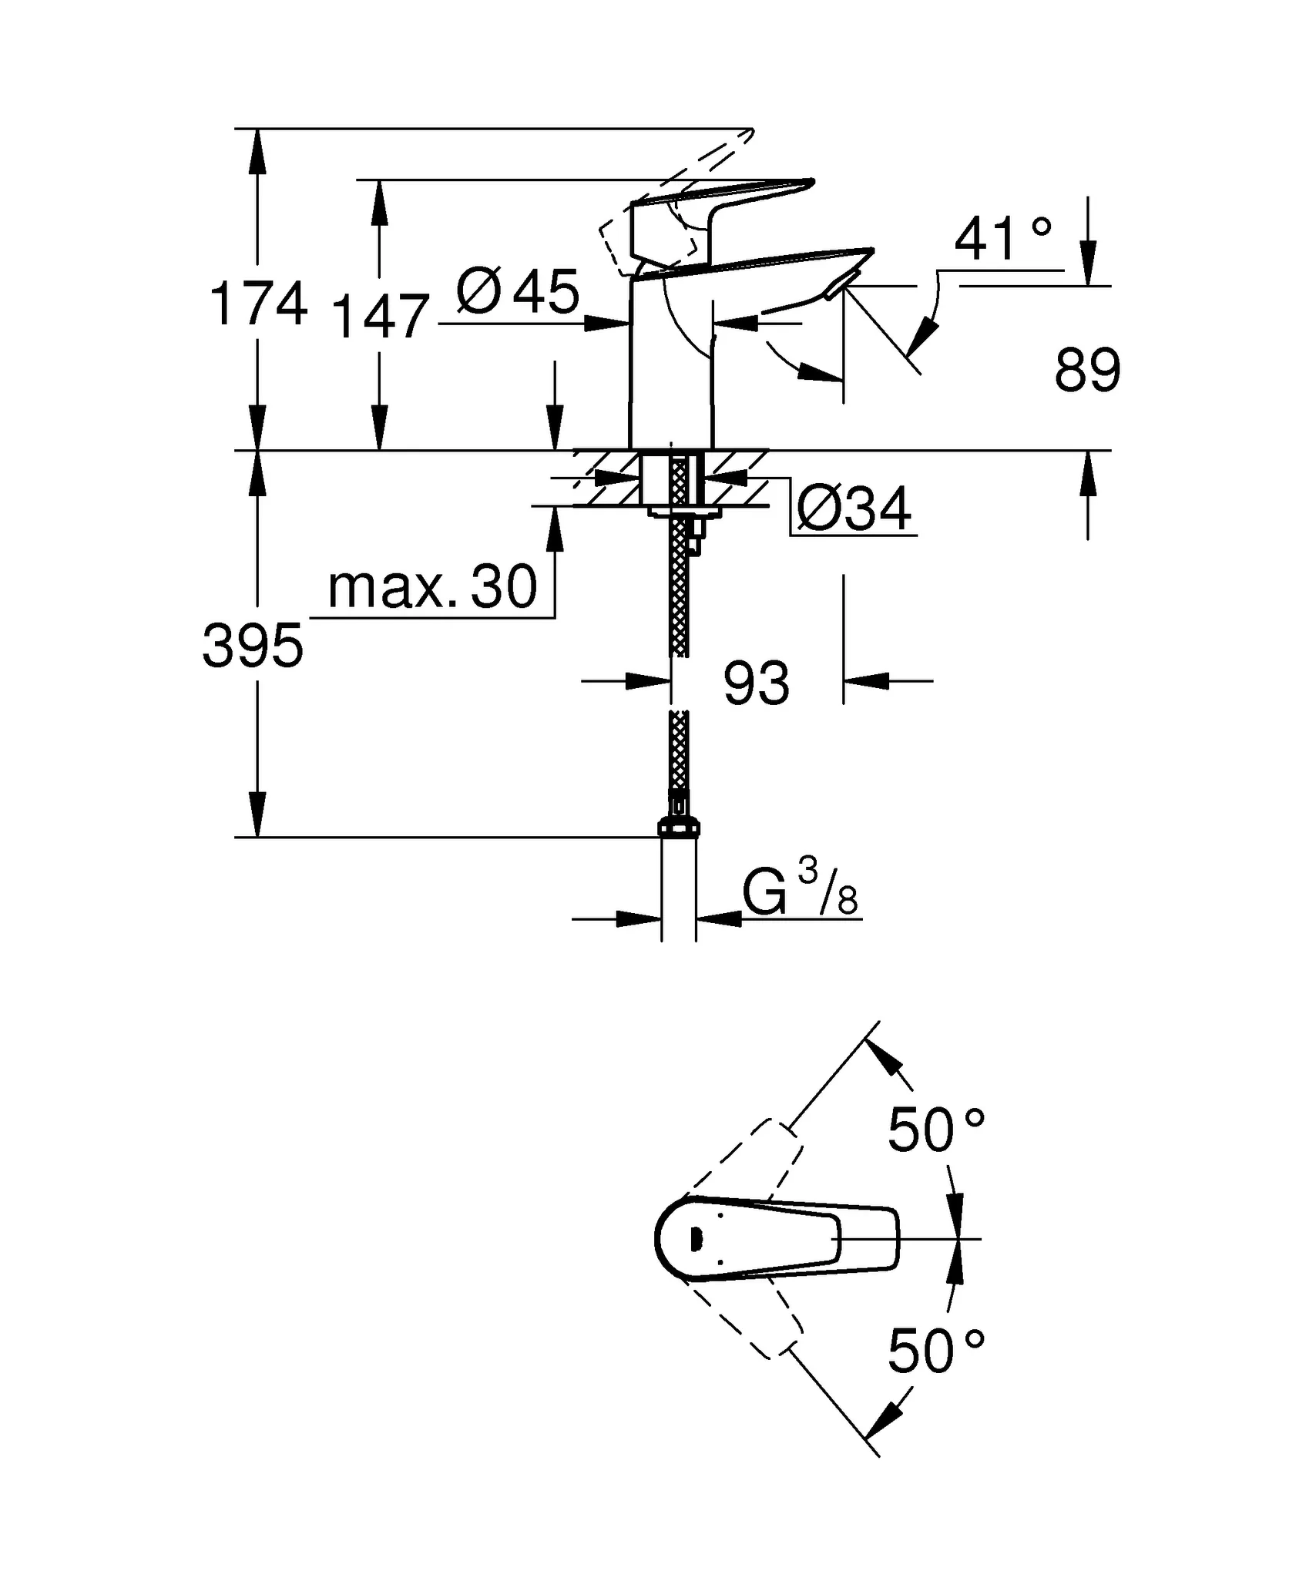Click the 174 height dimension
pyautogui.click(x=258, y=304)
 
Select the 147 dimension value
pyautogui.click(x=379, y=317)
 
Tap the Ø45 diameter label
pyautogui.click(x=517, y=293)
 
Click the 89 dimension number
pyautogui.click(x=1086, y=371)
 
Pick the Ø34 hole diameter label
pyautogui.click(x=853, y=509)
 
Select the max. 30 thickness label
pyautogui.click(x=431, y=587)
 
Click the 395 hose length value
pyautogui.click(x=253, y=646)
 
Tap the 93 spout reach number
pyautogui.click(x=756, y=683)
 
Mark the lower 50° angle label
pyautogui.click(x=935, y=1351)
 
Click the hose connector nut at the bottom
pyautogui.click(x=679, y=828)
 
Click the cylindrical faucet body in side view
pyautogui.click(x=670, y=370)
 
